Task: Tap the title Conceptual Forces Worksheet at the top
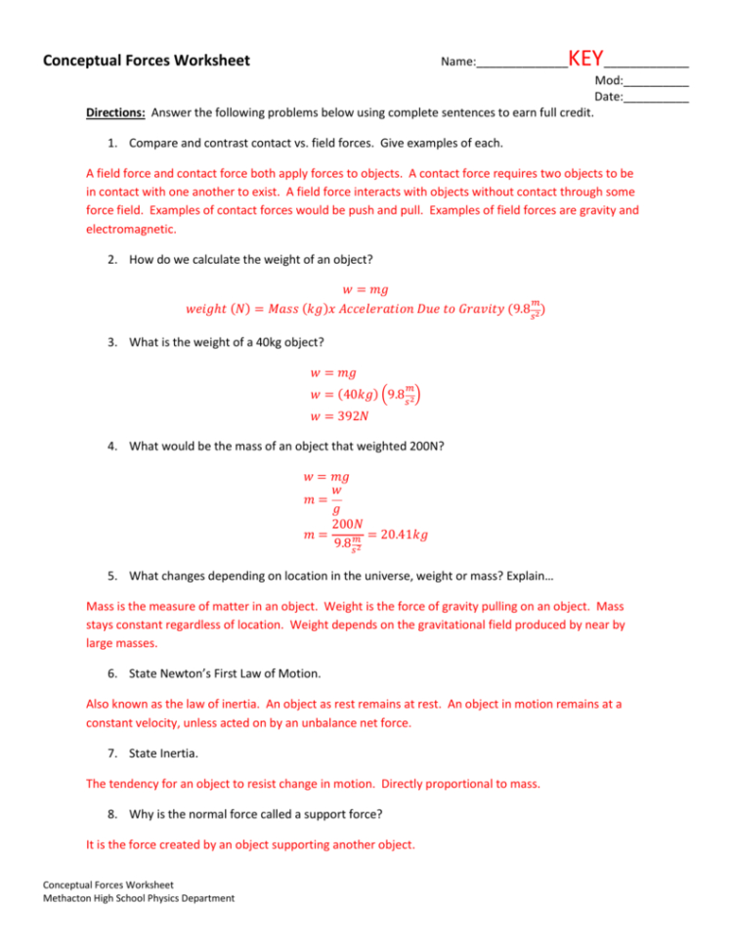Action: tap(147, 61)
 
